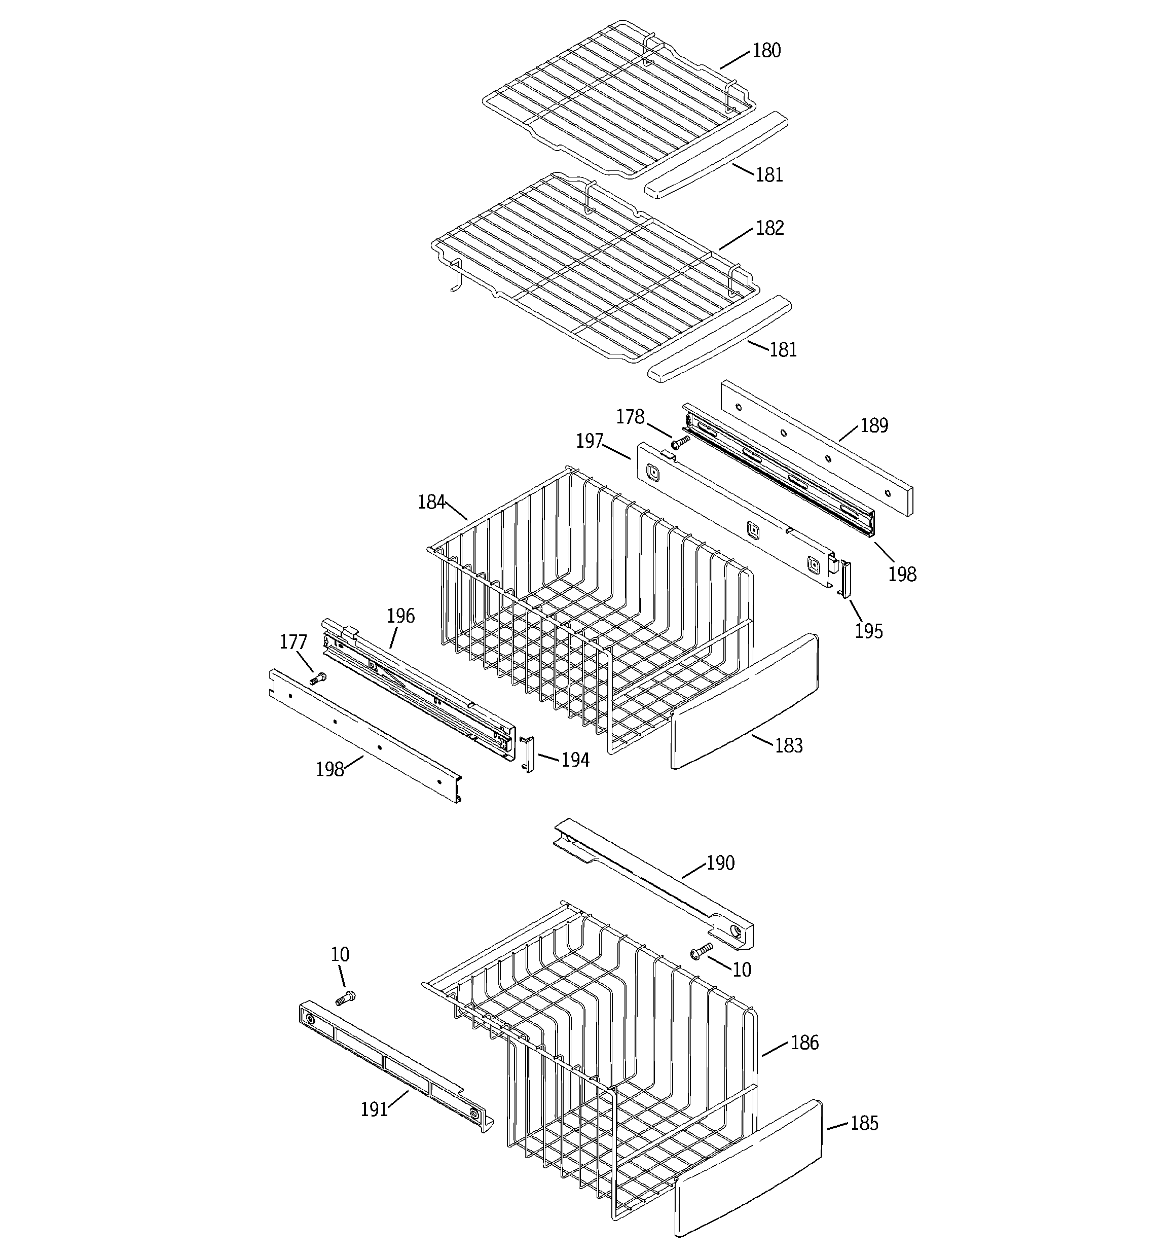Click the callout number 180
coord(766,51)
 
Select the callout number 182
coord(769,228)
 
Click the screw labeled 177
coord(318,678)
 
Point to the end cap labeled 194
coord(528,753)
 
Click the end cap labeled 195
coord(844,579)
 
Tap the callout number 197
coord(590,441)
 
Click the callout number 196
coord(400,616)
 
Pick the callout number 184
coord(431,503)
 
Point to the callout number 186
coord(804,1042)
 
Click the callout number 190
coord(720,863)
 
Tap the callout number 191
coord(374,1108)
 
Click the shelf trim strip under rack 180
coord(716,155)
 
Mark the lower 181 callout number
coord(783,349)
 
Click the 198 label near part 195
coord(902,574)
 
